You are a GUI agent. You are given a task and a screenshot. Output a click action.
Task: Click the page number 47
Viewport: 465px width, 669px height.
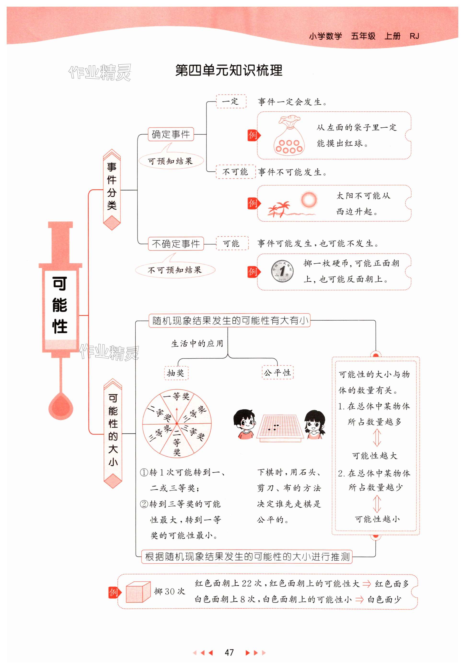click(x=229, y=652)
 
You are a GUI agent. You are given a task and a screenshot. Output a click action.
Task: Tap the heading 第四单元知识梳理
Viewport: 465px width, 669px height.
click(x=229, y=70)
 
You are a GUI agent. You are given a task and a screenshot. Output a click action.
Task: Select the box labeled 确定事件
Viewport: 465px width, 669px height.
click(x=171, y=135)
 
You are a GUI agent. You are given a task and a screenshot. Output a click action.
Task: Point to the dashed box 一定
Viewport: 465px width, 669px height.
click(x=231, y=101)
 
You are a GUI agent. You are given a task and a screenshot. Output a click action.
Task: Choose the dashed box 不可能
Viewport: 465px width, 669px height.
click(x=235, y=172)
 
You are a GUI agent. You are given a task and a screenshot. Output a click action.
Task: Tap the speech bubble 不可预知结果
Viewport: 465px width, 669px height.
click(x=175, y=270)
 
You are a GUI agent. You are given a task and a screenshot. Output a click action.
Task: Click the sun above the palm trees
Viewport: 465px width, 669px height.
click(x=309, y=200)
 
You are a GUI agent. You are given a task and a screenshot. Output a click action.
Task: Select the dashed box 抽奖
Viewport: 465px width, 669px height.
click(x=176, y=373)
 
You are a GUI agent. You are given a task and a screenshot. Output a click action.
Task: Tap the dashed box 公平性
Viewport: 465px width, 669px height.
click(x=277, y=372)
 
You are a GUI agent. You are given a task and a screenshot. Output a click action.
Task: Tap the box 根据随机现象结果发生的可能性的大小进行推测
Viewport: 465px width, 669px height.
click(x=247, y=557)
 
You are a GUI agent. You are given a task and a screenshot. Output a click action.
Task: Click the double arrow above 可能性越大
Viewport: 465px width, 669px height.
click(x=377, y=437)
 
